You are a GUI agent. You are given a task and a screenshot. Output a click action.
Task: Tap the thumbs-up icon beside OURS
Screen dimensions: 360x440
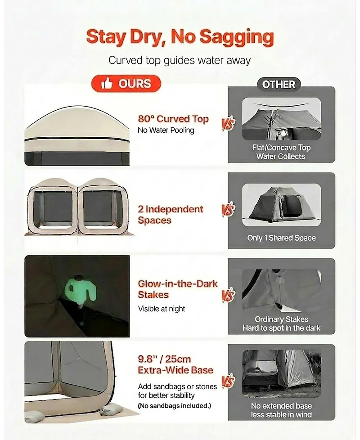pyautogui.click(x=107, y=83)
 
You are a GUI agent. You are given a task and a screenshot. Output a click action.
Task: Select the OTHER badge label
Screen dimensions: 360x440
pyautogui.click(x=279, y=84)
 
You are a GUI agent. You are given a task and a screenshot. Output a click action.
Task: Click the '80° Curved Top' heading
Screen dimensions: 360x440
pyautogui.click(x=173, y=119)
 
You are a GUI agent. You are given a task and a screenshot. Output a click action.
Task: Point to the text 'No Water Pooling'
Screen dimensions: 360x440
pyautogui.click(x=166, y=130)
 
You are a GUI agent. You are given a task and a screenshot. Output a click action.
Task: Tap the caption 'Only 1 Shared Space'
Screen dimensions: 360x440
pyautogui.click(x=281, y=238)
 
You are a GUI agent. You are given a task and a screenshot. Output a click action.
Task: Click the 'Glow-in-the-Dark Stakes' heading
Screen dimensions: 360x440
pyautogui.click(x=178, y=289)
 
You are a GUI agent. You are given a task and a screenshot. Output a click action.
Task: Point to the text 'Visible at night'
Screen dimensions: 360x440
pyautogui.click(x=162, y=309)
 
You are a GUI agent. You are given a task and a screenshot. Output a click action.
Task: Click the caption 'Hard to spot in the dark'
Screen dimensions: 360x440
pyautogui.click(x=281, y=328)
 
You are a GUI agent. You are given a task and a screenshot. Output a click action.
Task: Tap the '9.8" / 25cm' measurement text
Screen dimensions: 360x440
pyautogui.click(x=164, y=359)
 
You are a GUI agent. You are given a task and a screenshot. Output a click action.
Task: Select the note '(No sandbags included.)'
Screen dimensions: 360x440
pyautogui.click(x=174, y=406)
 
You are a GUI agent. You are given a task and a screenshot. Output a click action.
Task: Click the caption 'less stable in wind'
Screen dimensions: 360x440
pyautogui.click(x=281, y=414)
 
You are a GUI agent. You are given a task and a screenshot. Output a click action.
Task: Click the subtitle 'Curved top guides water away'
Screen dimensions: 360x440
pyautogui.click(x=179, y=60)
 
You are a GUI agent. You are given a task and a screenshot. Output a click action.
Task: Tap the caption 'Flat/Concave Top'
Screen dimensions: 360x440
pyautogui.click(x=281, y=148)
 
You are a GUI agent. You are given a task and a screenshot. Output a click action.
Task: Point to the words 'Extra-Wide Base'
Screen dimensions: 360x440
pyautogui.click(x=175, y=370)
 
